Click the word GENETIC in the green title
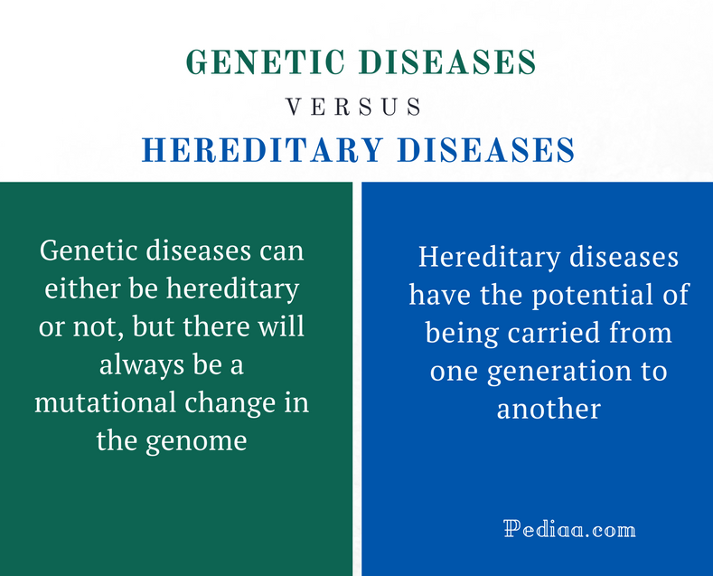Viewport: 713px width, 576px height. pos(266,62)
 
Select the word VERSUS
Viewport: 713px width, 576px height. pos(354,108)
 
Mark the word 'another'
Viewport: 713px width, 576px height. pos(549,409)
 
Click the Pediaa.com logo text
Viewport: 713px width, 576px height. pos(569,529)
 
